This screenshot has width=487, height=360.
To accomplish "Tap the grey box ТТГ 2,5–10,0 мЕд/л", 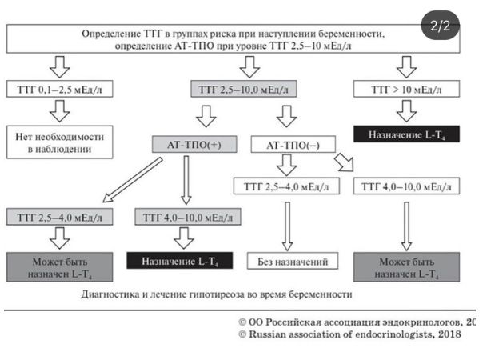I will (238, 90).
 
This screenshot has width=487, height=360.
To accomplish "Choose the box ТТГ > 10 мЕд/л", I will (407, 90).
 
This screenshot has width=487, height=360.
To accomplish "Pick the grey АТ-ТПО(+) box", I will (186, 145).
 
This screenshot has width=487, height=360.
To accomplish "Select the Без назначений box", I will (285, 262).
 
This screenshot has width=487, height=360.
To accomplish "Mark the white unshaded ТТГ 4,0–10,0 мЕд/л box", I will (408, 186).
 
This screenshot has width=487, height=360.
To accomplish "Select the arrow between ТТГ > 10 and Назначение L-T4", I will (407, 110).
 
